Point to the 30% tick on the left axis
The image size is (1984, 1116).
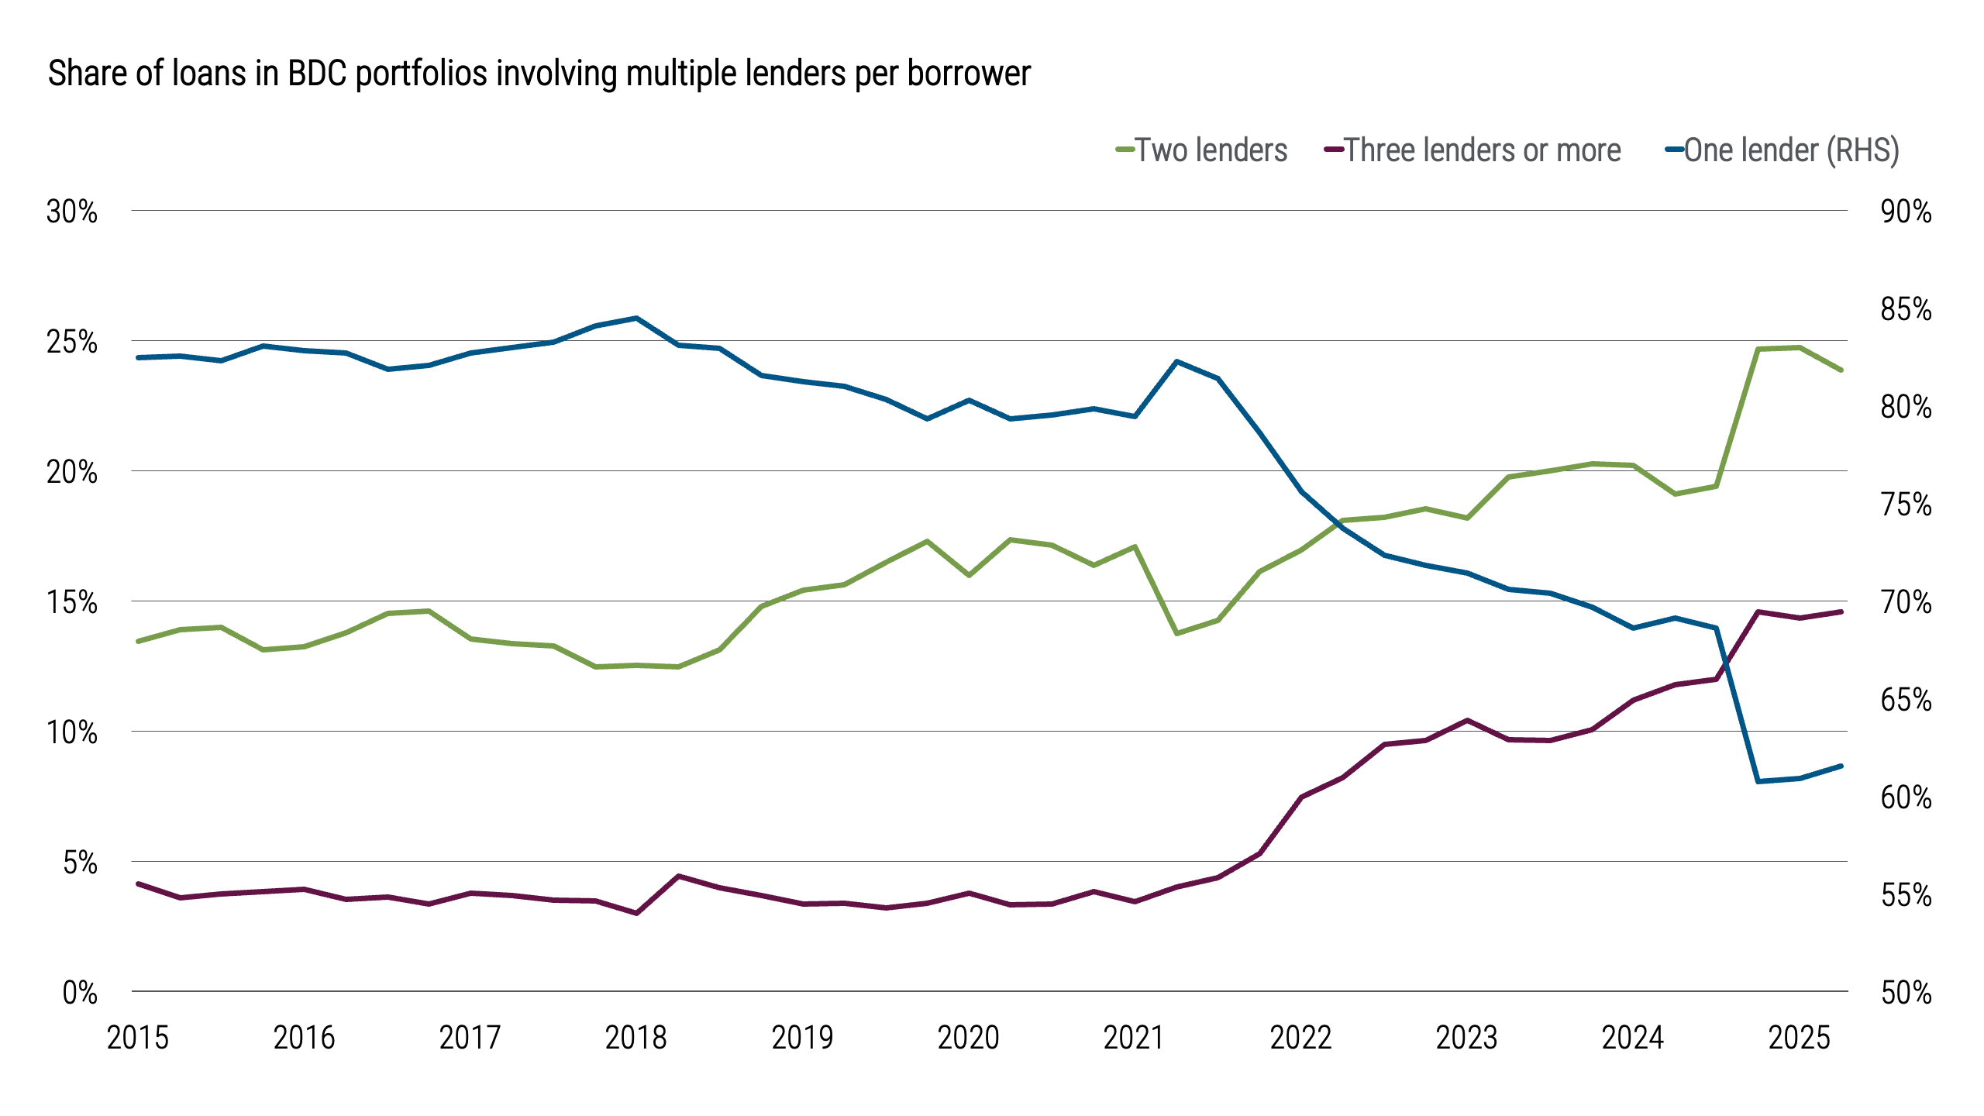pyautogui.click(x=72, y=212)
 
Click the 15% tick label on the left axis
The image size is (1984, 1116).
pyautogui.click(x=72, y=602)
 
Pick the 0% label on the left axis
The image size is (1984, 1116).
pyautogui.click(x=80, y=993)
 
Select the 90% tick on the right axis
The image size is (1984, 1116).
pyautogui.click(x=1906, y=212)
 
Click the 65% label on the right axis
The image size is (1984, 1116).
pyautogui.click(x=1906, y=700)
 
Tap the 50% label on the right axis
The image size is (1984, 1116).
pyautogui.click(x=1906, y=993)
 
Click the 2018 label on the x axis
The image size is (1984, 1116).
pyautogui.click(x=635, y=1038)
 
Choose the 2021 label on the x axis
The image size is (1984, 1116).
pyautogui.click(x=1134, y=1038)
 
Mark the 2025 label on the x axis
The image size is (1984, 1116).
pyautogui.click(x=1799, y=1038)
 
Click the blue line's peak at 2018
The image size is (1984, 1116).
pyautogui.click(x=636, y=318)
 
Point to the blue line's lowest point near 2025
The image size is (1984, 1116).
pyautogui.click(x=1758, y=781)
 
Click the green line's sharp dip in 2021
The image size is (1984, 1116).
pyautogui.click(x=1176, y=634)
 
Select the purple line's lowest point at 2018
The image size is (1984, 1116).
pyautogui.click(x=636, y=913)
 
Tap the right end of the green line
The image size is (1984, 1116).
pyautogui.click(x=1841, y=370)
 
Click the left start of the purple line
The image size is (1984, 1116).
pyautogui.click(x=138, y=883)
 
